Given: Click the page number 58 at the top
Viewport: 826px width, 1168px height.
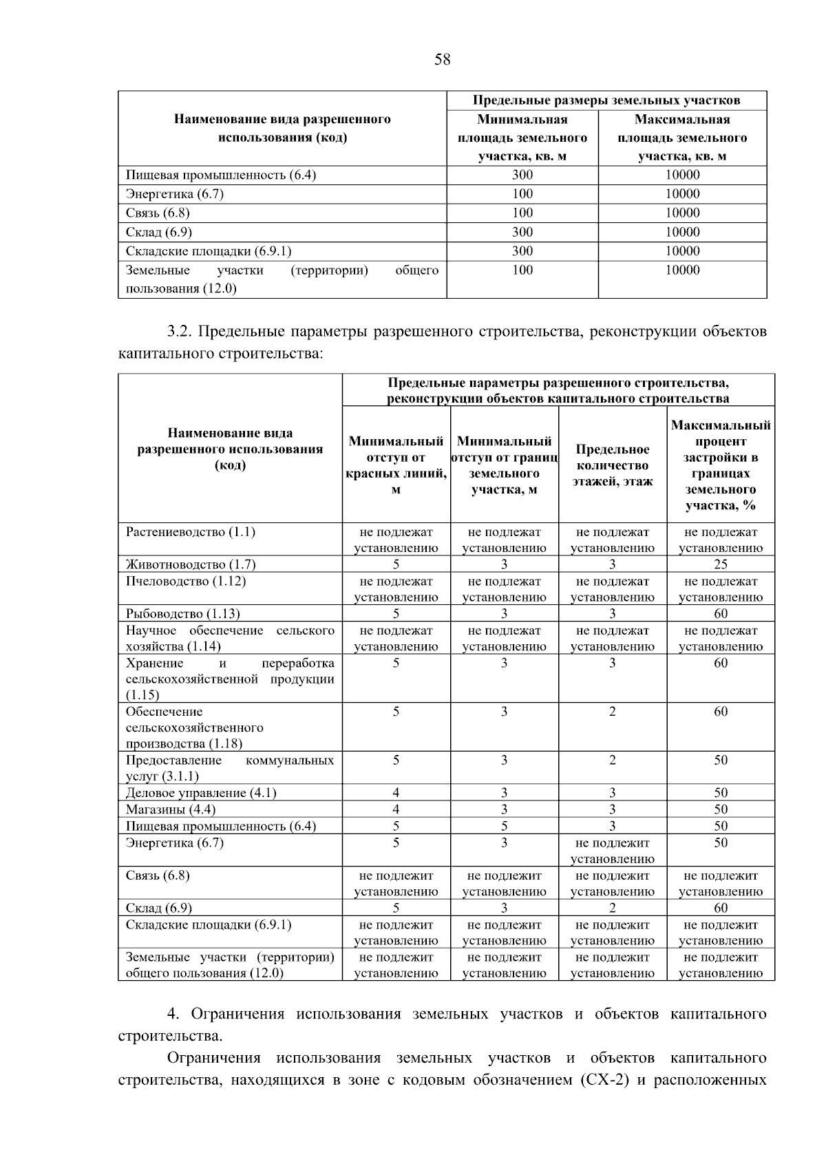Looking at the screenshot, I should [442, 60].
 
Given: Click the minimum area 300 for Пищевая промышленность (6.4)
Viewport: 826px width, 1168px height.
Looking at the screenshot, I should [522, 175].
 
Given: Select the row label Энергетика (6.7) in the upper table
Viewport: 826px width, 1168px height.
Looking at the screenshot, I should [175, 194].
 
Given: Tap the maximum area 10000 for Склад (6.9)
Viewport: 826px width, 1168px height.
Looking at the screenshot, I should [682, 232].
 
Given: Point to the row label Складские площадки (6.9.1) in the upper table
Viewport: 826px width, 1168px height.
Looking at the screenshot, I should [204, 251].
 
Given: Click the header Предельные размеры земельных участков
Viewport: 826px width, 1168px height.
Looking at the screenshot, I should [606, 100].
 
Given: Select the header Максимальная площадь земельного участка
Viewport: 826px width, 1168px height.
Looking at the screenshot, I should [682, 138].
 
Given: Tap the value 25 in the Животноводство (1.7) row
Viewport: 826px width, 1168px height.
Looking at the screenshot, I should [720, 564].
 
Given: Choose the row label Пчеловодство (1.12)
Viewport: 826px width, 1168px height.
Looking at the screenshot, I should [186, 581].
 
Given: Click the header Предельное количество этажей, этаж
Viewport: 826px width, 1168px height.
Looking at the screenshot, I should [612, 465].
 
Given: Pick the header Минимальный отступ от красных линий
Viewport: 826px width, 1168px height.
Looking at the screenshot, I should [396, 465].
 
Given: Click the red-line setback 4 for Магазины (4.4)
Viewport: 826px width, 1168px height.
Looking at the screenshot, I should [396, 809].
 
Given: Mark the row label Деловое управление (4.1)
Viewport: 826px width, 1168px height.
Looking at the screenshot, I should [201, 793].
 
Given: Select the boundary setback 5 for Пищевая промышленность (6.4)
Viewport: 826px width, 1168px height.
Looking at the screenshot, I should [504, 826].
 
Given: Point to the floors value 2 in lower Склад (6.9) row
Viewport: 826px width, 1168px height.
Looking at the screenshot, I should [612, 908].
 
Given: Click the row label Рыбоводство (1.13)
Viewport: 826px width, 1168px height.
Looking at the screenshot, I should [183, 614].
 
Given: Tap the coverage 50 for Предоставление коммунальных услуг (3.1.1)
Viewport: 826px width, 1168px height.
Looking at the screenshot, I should [720, 761].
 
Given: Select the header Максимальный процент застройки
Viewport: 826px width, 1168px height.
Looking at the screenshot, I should [720, 465].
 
